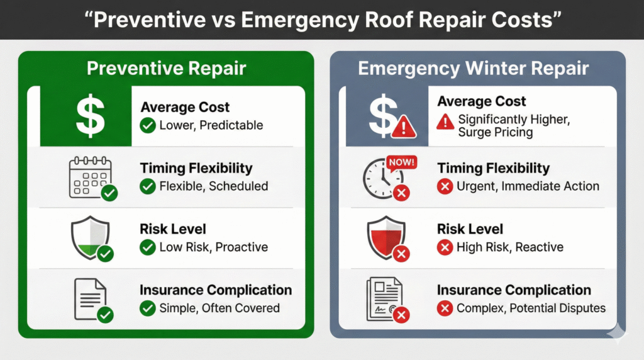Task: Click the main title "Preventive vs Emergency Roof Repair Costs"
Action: click(321, 19)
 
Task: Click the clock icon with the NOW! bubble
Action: click(384, 178)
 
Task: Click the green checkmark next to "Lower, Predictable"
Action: click(148, 125)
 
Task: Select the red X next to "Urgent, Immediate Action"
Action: click(445, 186)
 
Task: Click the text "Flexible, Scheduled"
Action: click(213, 186)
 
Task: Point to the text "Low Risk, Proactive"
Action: click(213, 247)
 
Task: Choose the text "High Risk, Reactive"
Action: click(510, 247)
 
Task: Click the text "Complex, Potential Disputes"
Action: click(531, 308)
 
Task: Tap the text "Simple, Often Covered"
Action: click(219, 308)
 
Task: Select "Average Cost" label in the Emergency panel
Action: click(482, 101)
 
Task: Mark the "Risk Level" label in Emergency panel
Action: click(470, 230)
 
